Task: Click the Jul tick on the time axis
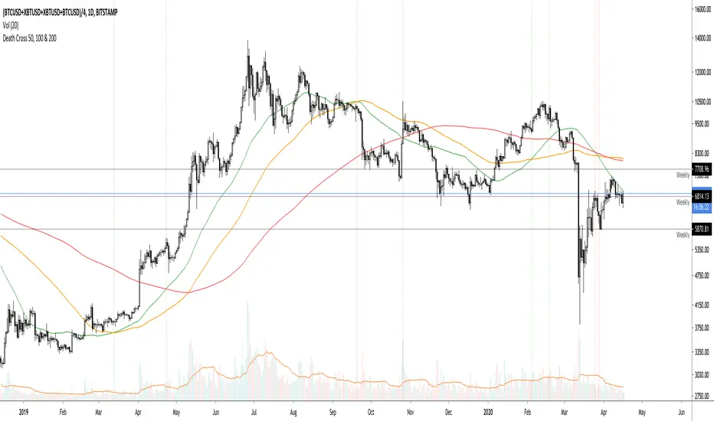[x=253, y=410]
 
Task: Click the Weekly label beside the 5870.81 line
[x=683, y=236]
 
